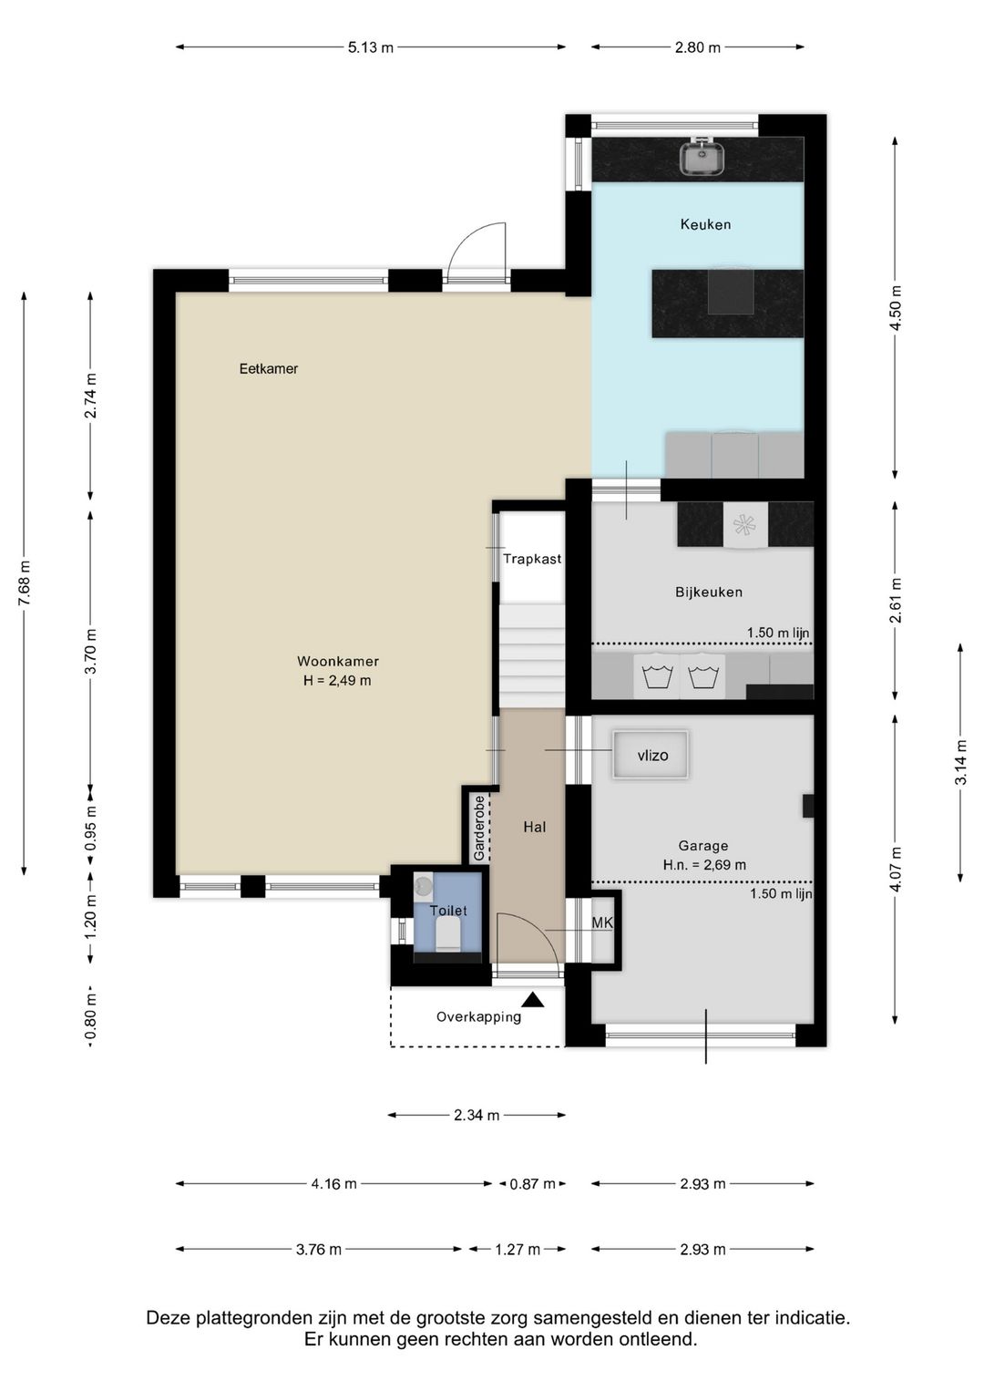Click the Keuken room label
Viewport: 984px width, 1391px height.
tap(705, 224)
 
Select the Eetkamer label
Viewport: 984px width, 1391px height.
tap(269, 368)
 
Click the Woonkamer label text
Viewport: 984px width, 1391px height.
tap(338, 662)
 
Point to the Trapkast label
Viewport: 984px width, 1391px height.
tap(532, 558)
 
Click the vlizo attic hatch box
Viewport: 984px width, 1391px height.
tap(651, 755)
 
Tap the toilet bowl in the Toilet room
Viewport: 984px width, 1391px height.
tap(446, 934)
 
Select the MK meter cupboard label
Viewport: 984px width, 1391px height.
tap(602, 922)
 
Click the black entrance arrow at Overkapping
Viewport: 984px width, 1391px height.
tap(533, 999)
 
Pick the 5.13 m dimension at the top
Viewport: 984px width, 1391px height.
tap(371, 46)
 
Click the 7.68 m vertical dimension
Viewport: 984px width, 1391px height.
tap(25, 583)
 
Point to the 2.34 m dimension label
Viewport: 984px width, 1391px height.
tap(477, 1115)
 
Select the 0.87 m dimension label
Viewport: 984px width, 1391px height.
tap(533, 1183)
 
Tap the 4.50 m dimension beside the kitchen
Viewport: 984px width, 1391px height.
tap(896, 308)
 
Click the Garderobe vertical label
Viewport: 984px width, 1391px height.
tap(478, 828)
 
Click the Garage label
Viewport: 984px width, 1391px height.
tap(703, 845)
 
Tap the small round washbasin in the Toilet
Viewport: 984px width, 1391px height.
tap(424, 883)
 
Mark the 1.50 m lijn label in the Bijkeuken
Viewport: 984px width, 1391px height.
tap(778, 633)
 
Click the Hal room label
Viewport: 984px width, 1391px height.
tap(535, 827)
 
